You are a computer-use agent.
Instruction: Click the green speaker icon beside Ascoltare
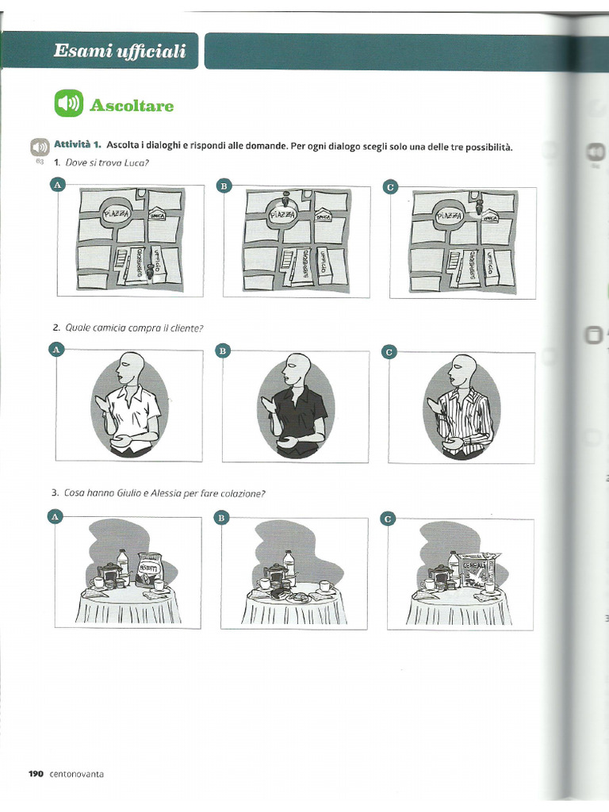point(69,104)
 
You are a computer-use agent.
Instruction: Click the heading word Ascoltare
point(132,105)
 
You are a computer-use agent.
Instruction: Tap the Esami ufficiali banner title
point(120,52)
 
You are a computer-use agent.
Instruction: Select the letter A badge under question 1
point(56,185)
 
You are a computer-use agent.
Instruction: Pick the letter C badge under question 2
point(389,350)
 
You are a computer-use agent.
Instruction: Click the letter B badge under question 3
point(223,518)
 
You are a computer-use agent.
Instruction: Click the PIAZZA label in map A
point(116,215)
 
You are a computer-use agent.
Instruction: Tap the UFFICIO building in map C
point(491,265)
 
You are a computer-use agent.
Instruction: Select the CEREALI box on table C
point(479,568)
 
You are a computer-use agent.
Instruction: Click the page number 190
point(35,774)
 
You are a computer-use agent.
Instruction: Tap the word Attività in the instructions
point(74,145)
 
